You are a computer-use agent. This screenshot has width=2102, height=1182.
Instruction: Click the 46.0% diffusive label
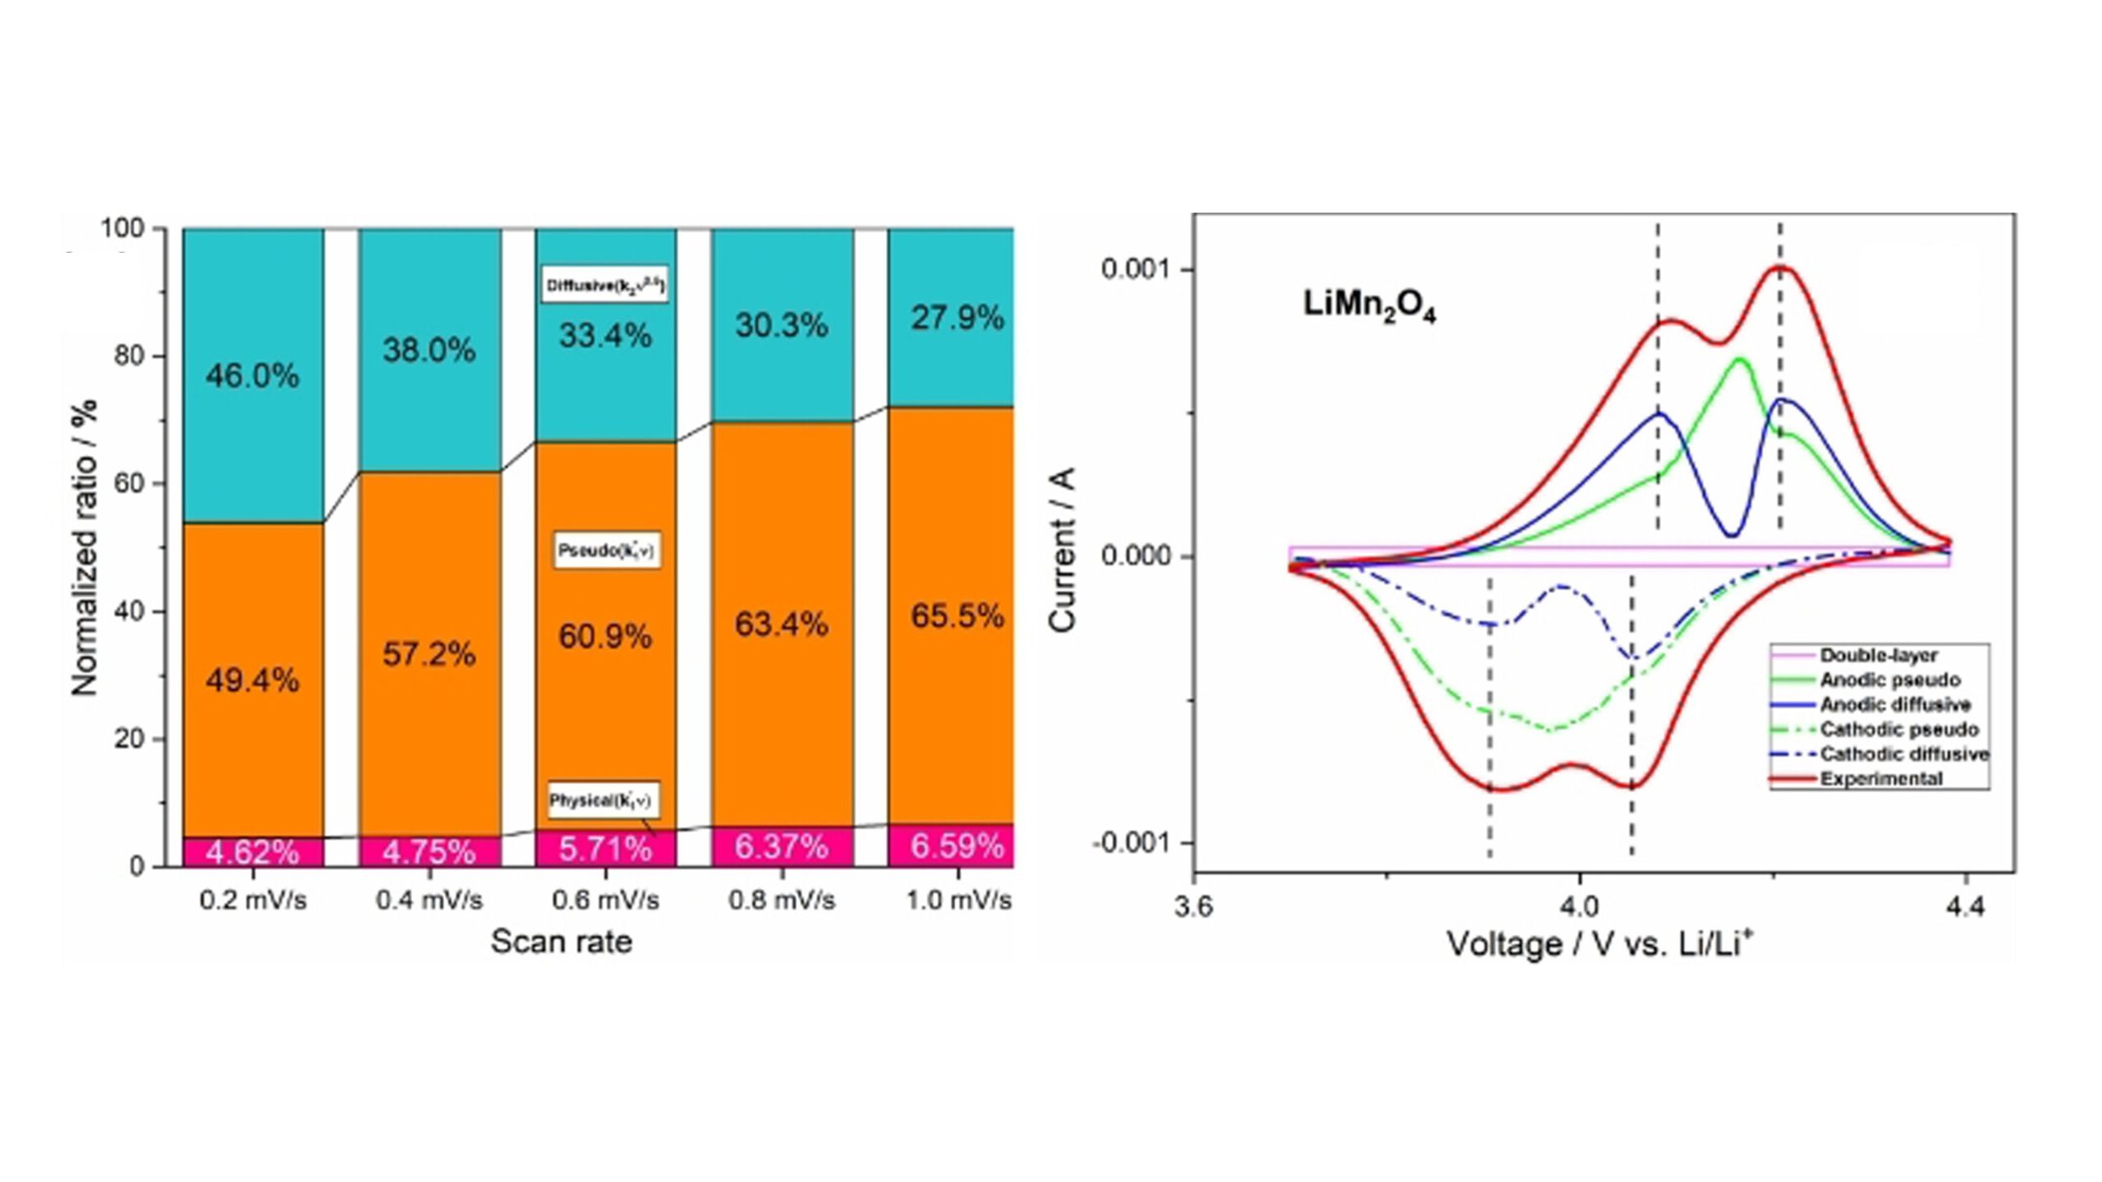(x=252, y=376)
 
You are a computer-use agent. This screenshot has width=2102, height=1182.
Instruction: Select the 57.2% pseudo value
(x=429, y=654)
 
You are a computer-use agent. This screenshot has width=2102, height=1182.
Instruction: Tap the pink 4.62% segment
(x=252, y=852)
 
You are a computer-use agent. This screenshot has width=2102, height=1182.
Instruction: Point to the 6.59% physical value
(x=957, y=845)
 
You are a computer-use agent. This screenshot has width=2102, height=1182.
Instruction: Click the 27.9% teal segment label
(x=957, y=318)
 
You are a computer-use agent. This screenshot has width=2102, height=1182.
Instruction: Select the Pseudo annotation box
(x=606, y=550)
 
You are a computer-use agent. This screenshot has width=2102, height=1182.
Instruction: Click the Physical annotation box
(x=604, y=799)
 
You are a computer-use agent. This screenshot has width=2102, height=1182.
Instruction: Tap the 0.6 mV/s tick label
(x=605, y=900)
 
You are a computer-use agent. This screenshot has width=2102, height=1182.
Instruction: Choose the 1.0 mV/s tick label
(x=958, y=900)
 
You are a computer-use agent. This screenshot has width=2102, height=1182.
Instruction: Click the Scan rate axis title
(x=562, y=941)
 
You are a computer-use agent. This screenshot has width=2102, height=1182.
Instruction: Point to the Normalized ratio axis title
(x=85, y=547)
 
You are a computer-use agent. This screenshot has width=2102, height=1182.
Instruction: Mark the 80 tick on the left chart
(x=130, y=356)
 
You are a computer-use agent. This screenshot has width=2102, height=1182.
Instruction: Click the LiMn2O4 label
(x=1369, y=306)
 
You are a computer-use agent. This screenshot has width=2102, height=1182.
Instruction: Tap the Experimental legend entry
(x=1880, y=779)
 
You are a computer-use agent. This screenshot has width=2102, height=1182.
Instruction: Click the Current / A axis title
(x=1062, y=549)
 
